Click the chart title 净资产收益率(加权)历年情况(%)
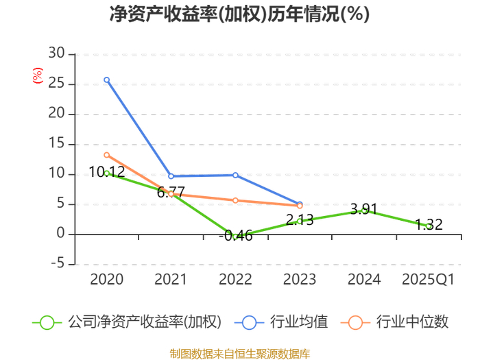(x=239, y=14)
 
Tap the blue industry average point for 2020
(x=106, y=80)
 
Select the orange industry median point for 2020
(x=106, y=155)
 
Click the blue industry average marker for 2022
(x=235, y=175)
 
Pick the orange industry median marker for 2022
(x=235, y=200)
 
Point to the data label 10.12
(x=107, y=172)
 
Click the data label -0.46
(x=236, y=236)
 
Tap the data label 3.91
(x=364, y=209)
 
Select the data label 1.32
(x=429, y=225)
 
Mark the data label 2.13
(x=300, y=220)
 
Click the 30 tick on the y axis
(x=57, y=53)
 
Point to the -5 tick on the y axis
(x=58, y=263)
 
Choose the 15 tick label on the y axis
(x=57, y=143)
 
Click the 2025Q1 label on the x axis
(x=429, y=279)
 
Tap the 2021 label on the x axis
(x=171, y=279)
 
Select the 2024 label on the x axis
(x=364, y=279)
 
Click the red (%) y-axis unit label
(x=38, y=75)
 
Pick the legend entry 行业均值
(x=281, y=322)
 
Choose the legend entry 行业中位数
(x=394, y=322)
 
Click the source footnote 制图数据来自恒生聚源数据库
(x=240, y=354)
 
